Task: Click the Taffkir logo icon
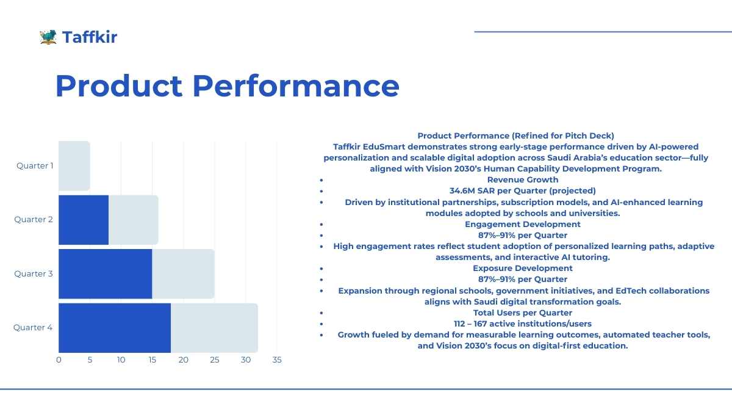pos(48,37)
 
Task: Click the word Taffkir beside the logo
pos(90,37)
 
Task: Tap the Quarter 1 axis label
pos(35,165)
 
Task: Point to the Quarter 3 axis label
pos(34,273)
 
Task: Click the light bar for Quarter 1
pos(74,165)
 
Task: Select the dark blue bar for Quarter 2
pos(84,220)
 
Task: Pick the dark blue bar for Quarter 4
pos(115,328)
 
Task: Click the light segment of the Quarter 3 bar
pos(183,273)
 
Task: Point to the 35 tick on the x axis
pos(277,360)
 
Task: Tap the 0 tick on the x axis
pos(59,360)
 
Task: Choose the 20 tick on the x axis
pos(184,360)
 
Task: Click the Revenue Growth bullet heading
pos(523,179)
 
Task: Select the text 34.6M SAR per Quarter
pos(522,190)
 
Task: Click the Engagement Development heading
pos(523,224)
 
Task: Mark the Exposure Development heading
pos(523,268)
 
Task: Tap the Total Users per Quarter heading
pos(523,313)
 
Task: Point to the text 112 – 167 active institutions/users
pos(523,323)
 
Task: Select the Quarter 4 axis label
pos(33,328)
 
